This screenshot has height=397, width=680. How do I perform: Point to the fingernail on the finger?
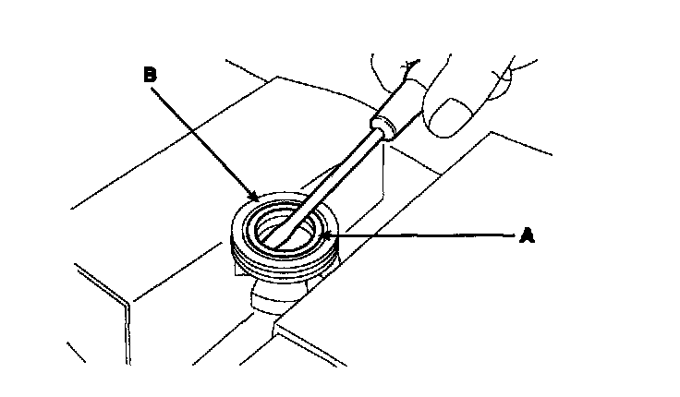453,114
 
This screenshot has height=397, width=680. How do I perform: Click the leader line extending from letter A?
425,236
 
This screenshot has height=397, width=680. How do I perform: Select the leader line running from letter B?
203,137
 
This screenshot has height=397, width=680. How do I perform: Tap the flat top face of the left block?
157,231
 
